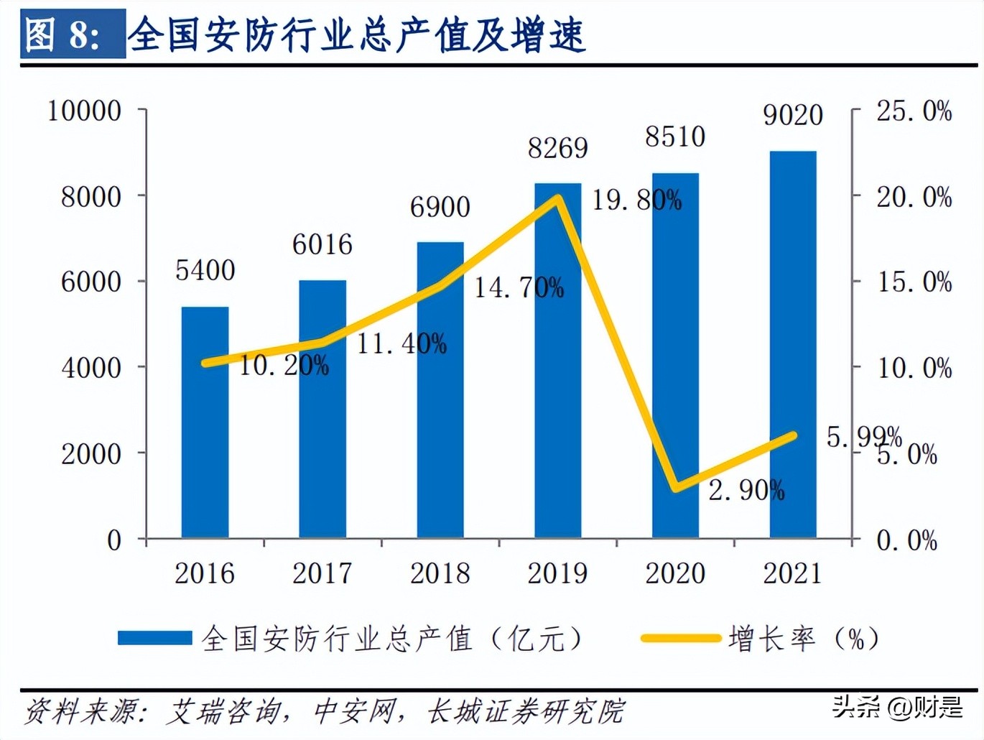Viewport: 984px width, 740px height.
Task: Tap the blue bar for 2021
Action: [793, 344]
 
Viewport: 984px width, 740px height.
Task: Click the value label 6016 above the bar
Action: [322, 245]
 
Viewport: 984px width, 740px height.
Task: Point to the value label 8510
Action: [675, 137]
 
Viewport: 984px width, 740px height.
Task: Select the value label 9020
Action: [793, 115]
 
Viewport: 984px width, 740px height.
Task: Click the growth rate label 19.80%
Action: [636, 200]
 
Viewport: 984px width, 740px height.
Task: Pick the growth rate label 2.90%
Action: [746, 491]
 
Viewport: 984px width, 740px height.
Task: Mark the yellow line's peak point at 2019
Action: [557, 198]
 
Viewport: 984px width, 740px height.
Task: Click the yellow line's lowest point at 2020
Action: [676, 489]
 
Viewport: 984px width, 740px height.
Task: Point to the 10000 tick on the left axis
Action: [85, 111]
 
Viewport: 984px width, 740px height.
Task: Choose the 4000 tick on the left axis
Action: [91, 368]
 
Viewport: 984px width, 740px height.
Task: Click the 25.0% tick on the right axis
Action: [914, 111]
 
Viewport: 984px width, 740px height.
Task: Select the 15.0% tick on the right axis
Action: [914, 282]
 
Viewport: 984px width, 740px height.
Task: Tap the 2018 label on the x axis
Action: [440, 573]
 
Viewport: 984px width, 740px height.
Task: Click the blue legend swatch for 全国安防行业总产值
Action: [154, 638]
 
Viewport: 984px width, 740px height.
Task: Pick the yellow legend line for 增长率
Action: [680, 638]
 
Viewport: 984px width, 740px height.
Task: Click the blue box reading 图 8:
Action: [73, 34]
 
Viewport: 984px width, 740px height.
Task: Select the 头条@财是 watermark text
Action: [897, 707]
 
